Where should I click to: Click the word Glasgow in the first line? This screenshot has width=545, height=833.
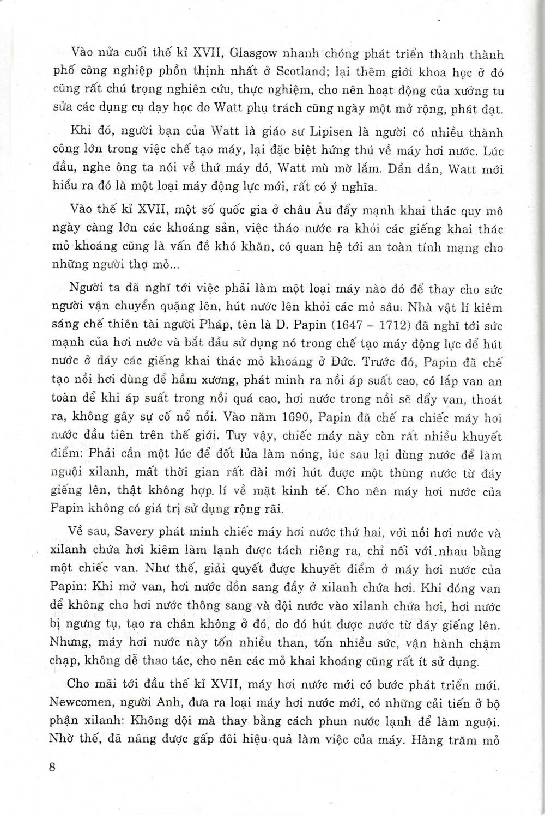pyautogui.click(x=256, y=53)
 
